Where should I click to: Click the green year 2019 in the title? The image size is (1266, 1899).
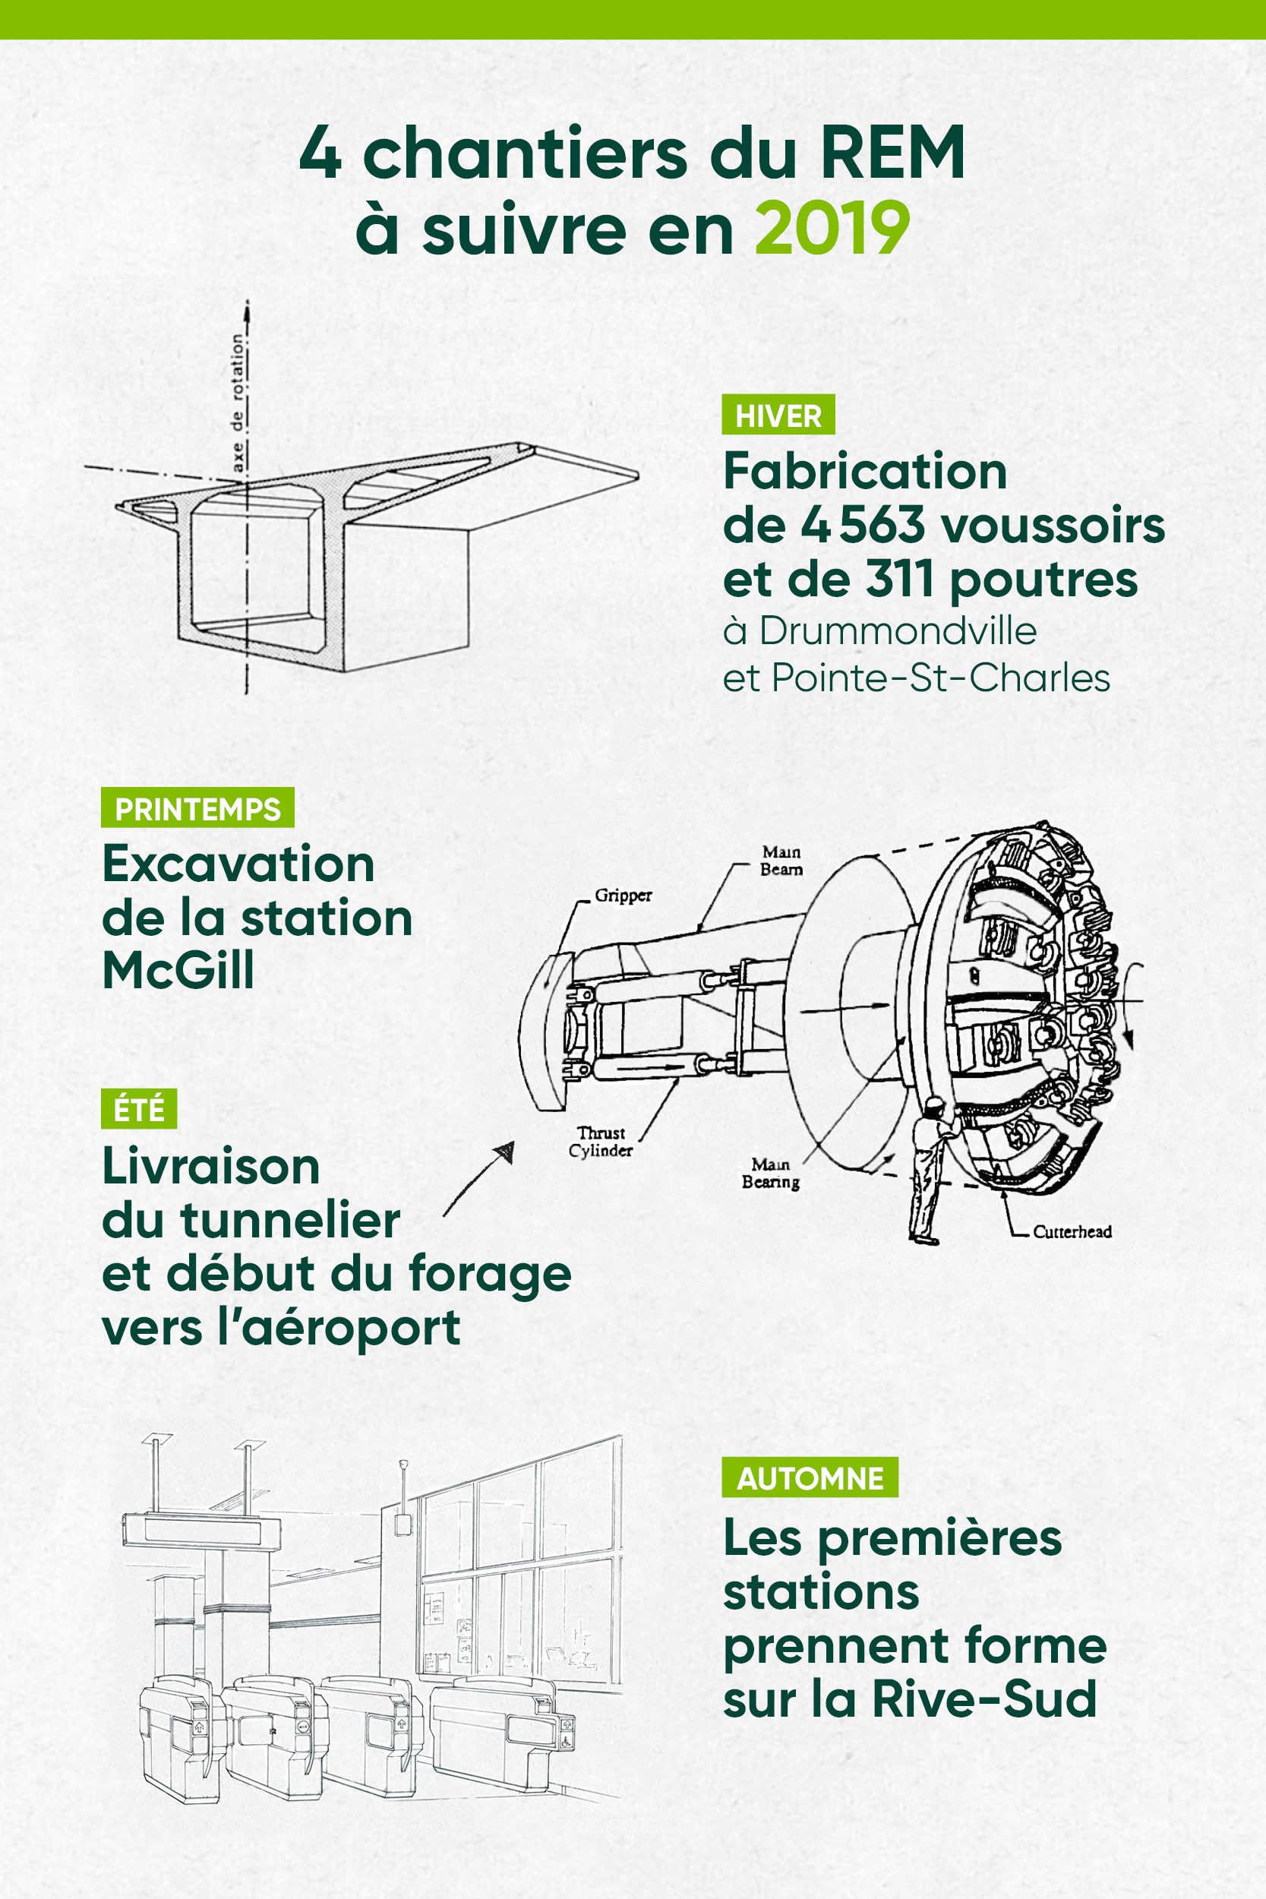point(832,229)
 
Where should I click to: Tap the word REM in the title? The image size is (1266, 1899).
point(892,153)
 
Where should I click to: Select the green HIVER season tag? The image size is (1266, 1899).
point(778,415)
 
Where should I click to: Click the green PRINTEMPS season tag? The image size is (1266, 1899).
point(197,808)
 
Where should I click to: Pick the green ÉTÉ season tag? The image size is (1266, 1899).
point(139,1108)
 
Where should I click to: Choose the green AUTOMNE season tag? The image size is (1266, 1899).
point(810,1478)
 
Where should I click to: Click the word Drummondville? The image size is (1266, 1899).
point(897,630)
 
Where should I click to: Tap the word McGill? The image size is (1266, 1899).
point(178,970)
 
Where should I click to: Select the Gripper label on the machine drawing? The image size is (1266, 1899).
point(623,896)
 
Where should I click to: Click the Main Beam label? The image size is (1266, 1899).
point(781,860)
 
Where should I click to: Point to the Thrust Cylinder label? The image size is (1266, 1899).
point(601,1142)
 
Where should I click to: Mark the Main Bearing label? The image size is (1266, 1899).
point(770,1172)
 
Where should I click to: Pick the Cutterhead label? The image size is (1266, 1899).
point(1072,1231)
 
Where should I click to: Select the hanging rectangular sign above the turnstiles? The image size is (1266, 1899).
point(201,1531)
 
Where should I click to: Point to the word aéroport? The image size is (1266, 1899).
point(350,1329)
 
